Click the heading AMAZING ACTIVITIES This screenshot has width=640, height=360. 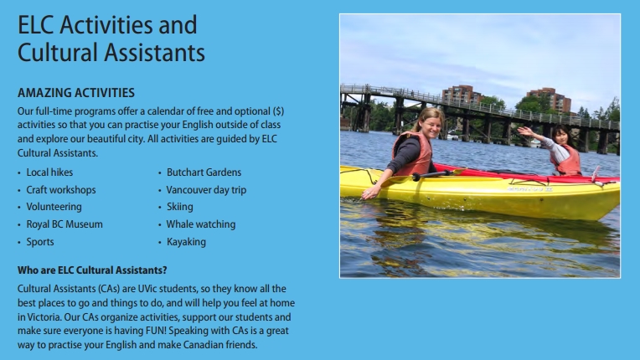[76, 93]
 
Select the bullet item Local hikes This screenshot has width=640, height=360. [49, 172]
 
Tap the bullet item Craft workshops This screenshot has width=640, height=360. [61, 190]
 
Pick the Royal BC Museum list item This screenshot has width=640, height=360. [65, 224]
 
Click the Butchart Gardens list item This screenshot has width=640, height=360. [204, 172]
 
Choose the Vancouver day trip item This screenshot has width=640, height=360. [206, 190]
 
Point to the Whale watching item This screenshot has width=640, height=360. [201, 224]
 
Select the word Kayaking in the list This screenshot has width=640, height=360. [186, 242]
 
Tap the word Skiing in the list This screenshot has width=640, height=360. [179, 207]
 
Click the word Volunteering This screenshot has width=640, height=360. [54, 207]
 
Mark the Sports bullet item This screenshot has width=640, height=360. [40, 242]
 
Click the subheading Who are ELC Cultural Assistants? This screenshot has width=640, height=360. [92, 270]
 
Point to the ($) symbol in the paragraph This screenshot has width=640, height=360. [278, 111]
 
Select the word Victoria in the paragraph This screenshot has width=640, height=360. [44, 317]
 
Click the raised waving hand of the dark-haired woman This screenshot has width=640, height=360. [525, 131]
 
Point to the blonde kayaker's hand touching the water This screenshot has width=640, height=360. [370, 193]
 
